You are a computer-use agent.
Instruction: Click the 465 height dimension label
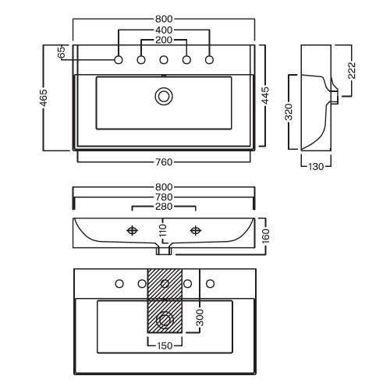pos(44,97)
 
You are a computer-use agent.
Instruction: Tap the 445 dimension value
pos(265,95)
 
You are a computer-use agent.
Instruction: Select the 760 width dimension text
pos(164,162)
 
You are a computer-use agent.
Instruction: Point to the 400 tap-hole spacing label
pos(164,30)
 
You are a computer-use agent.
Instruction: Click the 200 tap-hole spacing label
pos(164,40)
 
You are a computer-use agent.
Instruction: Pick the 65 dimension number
pos(62,52)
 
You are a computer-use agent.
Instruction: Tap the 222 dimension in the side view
pos(352,70)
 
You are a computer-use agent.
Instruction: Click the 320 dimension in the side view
pos(289,112)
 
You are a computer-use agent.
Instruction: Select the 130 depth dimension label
pos(316,167)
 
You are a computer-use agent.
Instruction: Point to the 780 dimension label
pos(164,197)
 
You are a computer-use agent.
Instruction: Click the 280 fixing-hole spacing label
pos(164,207)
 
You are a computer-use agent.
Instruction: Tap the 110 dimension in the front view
pos(163,230)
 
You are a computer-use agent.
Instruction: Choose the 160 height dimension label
pos(265,236)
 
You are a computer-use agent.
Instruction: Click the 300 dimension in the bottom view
pos(200,317)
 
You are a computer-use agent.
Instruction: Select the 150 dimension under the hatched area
pos(165,346)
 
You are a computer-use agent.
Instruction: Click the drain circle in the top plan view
pos(164,97)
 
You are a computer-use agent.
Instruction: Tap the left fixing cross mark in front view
pos(132,230)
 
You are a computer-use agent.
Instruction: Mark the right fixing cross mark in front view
pos(196,230)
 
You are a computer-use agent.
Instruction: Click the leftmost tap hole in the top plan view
pos(119,60)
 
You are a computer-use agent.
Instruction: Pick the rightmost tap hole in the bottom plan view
pos(210,284)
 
